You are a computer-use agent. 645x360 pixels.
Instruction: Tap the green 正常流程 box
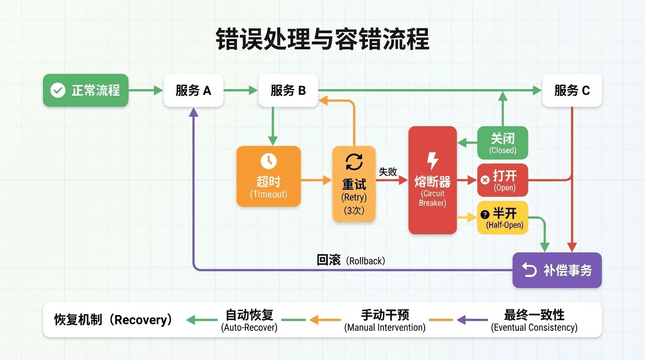pyautogui.click(x=86, y=90)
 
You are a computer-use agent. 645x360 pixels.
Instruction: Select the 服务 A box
pyautogui.click(x=193, y=90)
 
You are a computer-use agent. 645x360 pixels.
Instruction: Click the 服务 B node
pyautogui.click(x=288, y=90)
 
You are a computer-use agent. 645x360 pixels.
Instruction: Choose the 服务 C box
pyautogui.click(x=572, y=90)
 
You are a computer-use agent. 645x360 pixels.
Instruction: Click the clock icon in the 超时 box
pyautogui.click(x=269, y=161)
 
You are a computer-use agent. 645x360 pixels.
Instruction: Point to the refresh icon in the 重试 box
pyautogui.click(x=354, y=162)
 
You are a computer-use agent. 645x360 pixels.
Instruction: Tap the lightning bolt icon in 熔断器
pyautogui.click(x=433, y=161)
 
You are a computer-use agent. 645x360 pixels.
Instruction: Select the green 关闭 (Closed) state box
pyautogui.click(x=502, y=143)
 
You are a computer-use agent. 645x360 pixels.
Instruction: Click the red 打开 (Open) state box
pyautogui.click(x=502, y=180)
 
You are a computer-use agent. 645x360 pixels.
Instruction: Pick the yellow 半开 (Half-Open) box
pyautogui.click(x=502, y=217)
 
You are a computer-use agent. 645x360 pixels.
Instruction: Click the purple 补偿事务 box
pyautogui.click(x=557, y=270)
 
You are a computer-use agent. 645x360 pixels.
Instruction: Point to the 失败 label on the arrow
pyautogui.click(x=388, y=172)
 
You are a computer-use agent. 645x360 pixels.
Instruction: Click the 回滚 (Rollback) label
pyautogui.click(x=351, y=261)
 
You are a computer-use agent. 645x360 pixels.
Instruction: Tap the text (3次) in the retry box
pyautogui.click(x=354, y=210)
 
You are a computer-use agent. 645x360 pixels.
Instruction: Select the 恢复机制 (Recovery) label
pyautogui.click(x=113, y=320)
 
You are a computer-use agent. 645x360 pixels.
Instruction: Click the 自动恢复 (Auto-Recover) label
pyautogui.click(x=249, y=320)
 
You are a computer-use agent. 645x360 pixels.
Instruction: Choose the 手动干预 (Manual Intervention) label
pyautogui.click(x=385, y=320)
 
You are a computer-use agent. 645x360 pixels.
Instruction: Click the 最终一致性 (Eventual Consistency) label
pyautogui.click(x=534, y=320)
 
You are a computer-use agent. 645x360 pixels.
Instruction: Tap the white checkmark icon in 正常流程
pyautogui.click(x=58, y=90)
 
